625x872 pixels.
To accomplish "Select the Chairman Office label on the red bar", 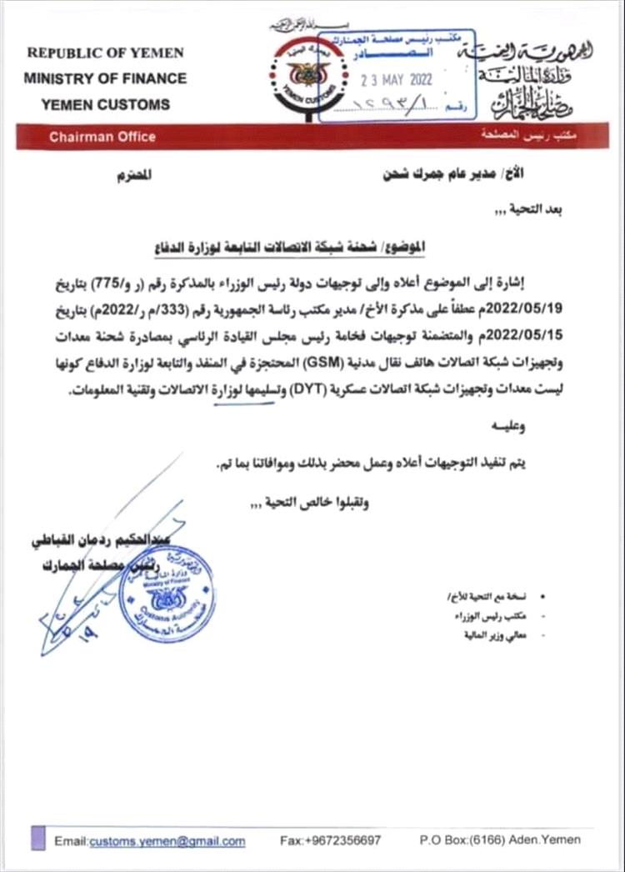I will click(x=102, y=137).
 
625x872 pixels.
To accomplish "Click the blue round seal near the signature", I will click(x=167, y=593).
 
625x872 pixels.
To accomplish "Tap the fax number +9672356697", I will click(x=331, y=840).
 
